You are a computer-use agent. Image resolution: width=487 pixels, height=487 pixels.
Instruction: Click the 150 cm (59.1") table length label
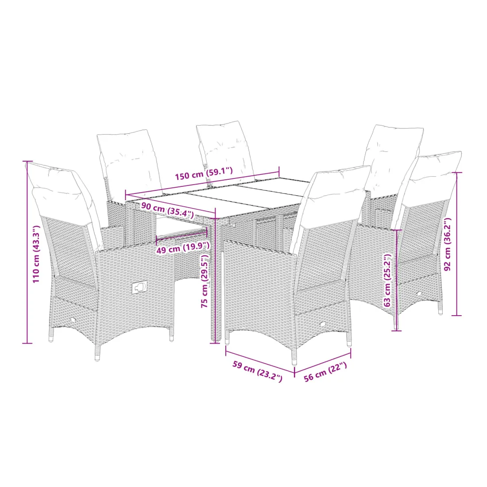(x=204, y=173)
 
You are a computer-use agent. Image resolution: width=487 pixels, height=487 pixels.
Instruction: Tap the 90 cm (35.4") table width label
(x=167, y=210)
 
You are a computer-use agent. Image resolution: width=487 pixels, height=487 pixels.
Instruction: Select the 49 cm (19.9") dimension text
(x=183, y=247)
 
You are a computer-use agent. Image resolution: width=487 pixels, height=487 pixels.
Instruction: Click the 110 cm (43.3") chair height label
(x=36, y=254)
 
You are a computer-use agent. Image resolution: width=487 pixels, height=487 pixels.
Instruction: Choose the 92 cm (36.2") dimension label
(x=448, y=244)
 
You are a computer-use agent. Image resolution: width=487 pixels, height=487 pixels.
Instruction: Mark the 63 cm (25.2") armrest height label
(x=388, y=280)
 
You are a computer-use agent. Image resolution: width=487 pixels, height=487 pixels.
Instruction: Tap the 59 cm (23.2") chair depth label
(x=258, y=371)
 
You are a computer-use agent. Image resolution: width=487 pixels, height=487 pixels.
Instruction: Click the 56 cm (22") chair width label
(x=325, y=371)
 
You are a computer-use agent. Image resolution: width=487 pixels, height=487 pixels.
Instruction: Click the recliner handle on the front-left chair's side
(x=139, y=288)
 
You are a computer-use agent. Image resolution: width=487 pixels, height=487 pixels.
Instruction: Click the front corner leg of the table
(x=217, y=279)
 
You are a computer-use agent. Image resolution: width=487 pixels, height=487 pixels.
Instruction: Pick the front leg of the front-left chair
(x=98, y=353)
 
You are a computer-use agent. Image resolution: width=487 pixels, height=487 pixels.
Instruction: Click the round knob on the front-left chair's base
(x=73, y=320)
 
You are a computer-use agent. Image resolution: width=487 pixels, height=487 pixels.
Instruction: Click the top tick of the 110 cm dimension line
(x=27, y=162)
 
